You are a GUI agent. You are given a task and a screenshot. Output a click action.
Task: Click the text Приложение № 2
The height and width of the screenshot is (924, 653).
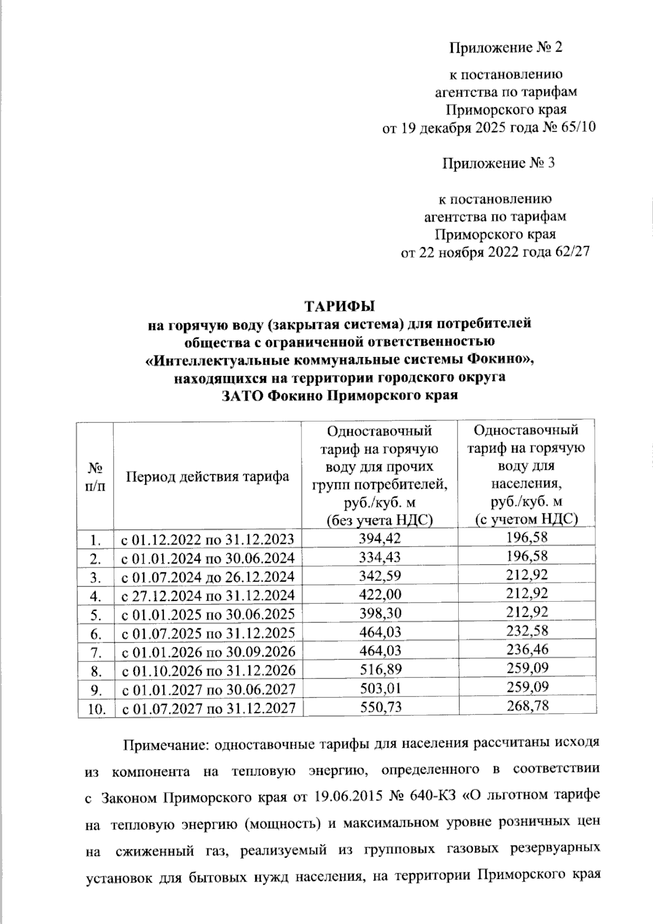tap(504, 48)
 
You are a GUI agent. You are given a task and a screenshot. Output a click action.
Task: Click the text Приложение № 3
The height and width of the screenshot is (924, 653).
tap(498, 163)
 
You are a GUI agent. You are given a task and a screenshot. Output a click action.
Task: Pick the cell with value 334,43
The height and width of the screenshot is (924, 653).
tap(379, 557)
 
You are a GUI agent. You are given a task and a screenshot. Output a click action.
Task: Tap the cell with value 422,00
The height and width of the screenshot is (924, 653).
tap(379, 594)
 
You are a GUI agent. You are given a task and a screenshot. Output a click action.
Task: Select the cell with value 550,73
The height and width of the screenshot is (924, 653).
tap(379, 706)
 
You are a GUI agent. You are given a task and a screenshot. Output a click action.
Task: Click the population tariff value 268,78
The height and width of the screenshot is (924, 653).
tap(526, 706)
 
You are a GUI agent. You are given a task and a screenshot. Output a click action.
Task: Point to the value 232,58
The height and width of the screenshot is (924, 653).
tap(526, 632)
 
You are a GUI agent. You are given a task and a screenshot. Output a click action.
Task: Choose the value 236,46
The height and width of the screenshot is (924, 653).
tap(526, 650)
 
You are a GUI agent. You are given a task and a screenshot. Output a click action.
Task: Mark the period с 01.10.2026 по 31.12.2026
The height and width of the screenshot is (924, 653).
tap(207, 670)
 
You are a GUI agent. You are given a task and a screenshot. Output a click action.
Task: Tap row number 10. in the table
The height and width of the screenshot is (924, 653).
tap(96, 708)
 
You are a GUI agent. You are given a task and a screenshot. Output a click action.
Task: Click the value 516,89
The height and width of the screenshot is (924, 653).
tap(379, 669)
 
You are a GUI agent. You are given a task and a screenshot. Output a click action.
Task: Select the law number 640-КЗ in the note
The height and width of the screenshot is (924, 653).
tap(428, 798)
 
